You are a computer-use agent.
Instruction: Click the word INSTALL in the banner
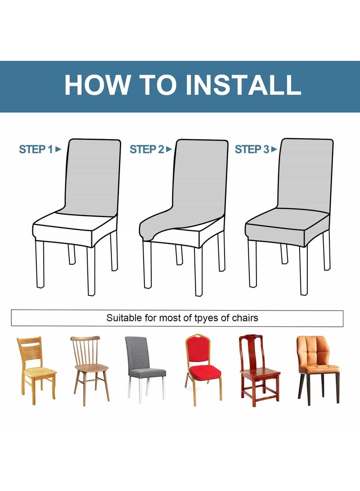pos(243,85)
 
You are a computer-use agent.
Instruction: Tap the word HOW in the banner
pos(98,85)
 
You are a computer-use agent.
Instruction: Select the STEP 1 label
pos(36,149)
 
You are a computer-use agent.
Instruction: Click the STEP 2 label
pos(147,149)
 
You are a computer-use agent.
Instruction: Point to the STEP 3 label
pos(252,149)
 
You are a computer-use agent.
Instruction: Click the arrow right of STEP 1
pos(58,149)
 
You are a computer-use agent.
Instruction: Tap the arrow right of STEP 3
pos(274,149)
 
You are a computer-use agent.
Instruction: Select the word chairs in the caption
pos(245,318)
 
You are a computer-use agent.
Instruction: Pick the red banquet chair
pos(203,370)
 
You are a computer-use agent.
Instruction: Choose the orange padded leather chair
pos(318,370)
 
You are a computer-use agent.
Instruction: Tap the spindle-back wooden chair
pos(90,371)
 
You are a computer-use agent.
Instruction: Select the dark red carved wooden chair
pos(259,371)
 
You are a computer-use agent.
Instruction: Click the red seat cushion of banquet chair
pos(205,373)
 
